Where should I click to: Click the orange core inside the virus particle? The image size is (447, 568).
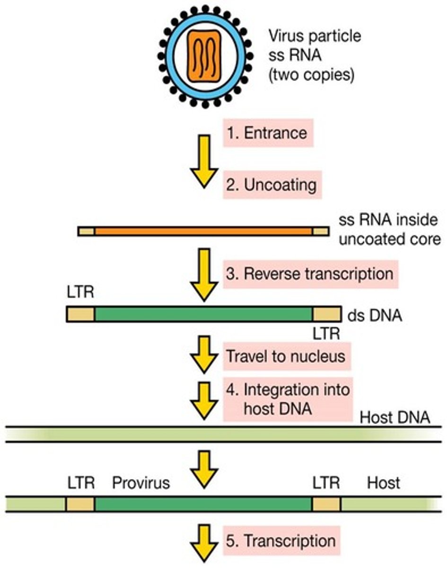point(204,54)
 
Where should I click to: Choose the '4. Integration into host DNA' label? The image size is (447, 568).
point(289,399)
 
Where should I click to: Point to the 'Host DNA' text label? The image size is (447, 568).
point(394,417)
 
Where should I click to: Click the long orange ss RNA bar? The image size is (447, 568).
point(203,231)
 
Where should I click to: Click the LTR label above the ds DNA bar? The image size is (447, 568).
point(80,293)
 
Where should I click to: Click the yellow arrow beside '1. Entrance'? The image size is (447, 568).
point(204,161)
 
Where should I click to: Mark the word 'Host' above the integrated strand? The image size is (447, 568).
point(383,483)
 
